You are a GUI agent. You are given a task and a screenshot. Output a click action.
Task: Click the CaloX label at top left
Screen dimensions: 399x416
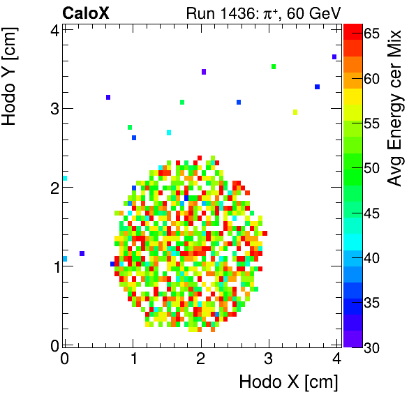pos(85,13)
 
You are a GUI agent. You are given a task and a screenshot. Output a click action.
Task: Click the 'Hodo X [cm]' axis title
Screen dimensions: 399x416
pos(288,382)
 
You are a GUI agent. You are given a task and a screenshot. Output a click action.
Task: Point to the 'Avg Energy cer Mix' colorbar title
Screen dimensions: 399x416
pos(396,108)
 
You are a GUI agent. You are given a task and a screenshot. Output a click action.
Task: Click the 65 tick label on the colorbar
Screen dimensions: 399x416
pos(371,33)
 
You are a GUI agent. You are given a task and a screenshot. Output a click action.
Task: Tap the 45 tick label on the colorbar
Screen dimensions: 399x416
pos(371,213)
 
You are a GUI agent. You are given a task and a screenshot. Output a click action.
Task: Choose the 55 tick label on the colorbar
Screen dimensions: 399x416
pos(371,123)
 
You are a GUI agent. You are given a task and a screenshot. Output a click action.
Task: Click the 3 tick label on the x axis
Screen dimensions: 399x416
pos(269,358)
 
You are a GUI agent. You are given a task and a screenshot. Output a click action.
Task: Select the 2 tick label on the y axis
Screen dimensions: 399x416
pos(53,187)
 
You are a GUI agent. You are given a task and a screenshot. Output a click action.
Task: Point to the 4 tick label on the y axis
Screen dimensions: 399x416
pos(53,29)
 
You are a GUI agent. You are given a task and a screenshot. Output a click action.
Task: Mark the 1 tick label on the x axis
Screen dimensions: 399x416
pos(133,358)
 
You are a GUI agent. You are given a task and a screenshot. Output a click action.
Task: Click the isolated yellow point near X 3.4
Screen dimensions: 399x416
pos(295,112)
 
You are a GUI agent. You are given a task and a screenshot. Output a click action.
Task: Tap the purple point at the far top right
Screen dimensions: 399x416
pos(334,57)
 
